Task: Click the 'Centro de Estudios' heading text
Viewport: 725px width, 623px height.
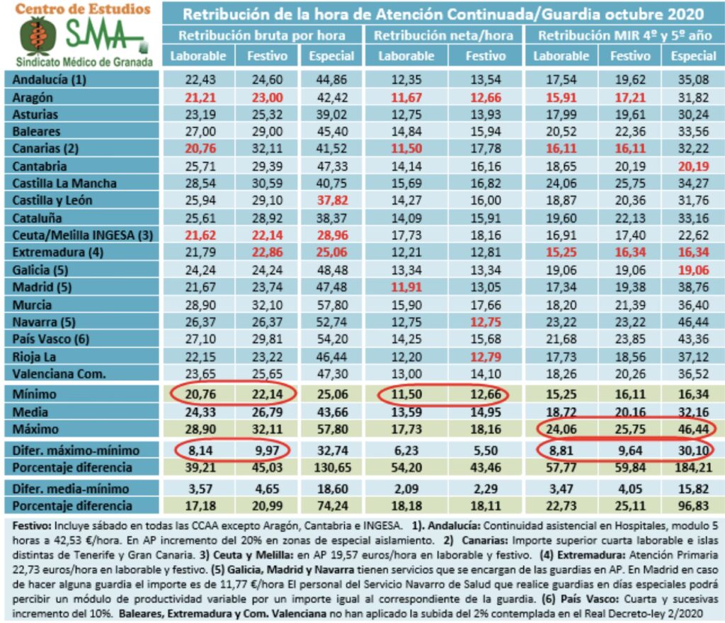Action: click(x=83, y=9)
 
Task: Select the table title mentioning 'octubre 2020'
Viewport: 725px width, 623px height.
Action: click(x=443, y=13)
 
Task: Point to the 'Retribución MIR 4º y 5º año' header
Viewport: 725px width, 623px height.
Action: click(x=622, y=35)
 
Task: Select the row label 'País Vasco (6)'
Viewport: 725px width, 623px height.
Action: click(x=50, y=339)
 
